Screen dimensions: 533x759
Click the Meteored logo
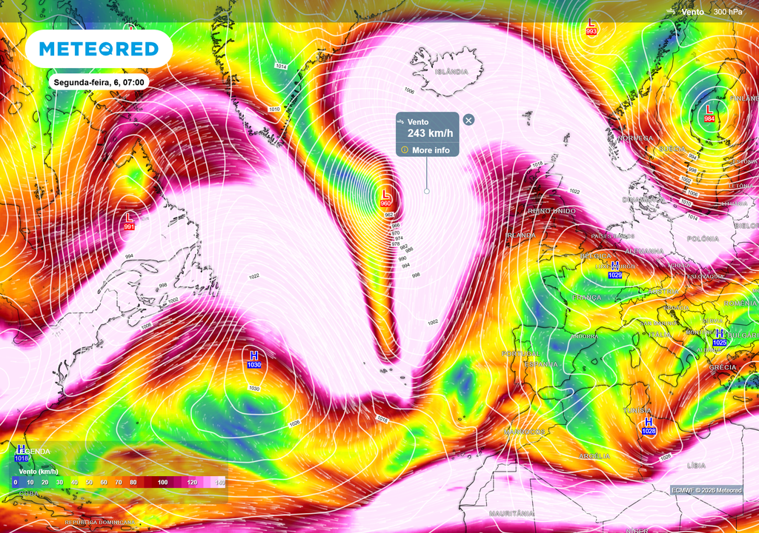click(x=99, y=49)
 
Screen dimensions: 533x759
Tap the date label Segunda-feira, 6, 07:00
click(x=99, y=82)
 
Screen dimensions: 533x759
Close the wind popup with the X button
click(x=468, y=119)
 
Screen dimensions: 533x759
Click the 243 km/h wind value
click(x=430, y=133)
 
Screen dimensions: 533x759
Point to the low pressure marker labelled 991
click(x=129, y=221)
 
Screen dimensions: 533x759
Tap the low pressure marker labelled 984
click(x=709, y=113)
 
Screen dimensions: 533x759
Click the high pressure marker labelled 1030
click(x=254, y=360)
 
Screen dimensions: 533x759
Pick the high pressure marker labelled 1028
click(x=649, y=426)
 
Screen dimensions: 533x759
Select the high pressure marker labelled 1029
click(x=615, y=269)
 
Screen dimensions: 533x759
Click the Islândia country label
click(x=451, y=72)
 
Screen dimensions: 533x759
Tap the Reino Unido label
click(x=552, y=211)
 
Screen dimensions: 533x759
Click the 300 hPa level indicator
click(x=729, y=11)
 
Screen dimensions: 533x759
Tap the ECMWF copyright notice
click(x=706, y=490)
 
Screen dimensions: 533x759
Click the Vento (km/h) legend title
click(x=39, y=471)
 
